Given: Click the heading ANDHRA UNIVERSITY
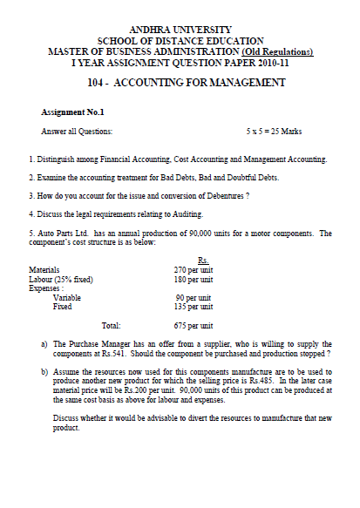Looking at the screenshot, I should tap(180, 30).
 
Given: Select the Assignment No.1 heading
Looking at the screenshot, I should tap(72, 112).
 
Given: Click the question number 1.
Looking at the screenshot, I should tap(31, 159).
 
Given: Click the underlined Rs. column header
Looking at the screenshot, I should tap(202, 261).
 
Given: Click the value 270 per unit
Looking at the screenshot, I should tap(194, 270).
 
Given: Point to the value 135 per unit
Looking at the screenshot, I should tap(194, 307).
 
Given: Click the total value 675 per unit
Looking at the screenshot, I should tap(194, 325).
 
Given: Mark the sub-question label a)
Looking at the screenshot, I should tap(44, 344).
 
